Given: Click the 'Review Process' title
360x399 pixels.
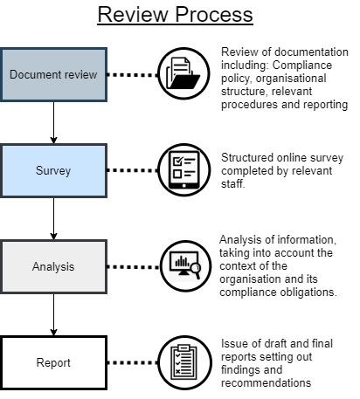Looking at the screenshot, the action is click(x=175, y=15).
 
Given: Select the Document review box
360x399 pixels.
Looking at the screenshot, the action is click(x=53, y=75).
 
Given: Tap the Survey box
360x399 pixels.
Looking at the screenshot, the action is click(x=53, y=170).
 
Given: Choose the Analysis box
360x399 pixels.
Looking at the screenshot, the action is click(x=53, y=266).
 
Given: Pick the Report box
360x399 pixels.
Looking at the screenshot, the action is click(x=53, y=362).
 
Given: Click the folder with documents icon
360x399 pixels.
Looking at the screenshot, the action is click(x=183, y=73).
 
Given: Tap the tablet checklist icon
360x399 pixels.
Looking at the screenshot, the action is click(x=183, y=170).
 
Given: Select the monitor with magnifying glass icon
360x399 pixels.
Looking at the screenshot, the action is click(x=185, y=265).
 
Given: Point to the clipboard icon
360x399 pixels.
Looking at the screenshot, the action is click(x=183, y=362).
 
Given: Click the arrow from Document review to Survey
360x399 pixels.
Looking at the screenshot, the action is click(x=53, y=122).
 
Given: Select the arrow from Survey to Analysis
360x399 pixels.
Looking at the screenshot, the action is click(x=53, y=218).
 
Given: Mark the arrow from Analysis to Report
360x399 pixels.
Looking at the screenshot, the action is click(x=53, y=314).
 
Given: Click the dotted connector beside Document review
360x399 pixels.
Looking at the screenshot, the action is click(x=133, y=75).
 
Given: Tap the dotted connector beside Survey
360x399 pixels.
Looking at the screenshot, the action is click(x=133, y=170).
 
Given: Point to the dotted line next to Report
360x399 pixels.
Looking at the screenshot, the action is click(x=133, y=362).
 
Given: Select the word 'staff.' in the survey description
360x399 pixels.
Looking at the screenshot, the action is click(x=233, y=183).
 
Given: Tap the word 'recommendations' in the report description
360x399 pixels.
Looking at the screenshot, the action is click(x=266, y=382).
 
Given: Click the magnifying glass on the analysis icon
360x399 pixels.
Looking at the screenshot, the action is click(x=196, y=270).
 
